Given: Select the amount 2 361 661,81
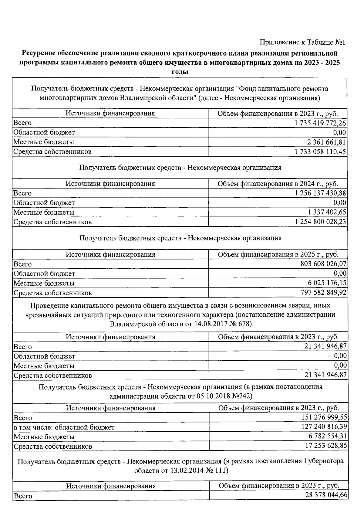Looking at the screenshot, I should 326,142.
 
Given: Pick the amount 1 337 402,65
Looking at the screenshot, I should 327,212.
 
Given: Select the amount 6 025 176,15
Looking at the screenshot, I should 327,283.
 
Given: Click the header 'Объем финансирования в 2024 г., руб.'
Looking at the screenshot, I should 278,184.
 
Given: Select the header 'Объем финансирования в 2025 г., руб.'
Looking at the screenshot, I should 278,254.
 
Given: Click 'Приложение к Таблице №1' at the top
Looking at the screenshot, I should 302,42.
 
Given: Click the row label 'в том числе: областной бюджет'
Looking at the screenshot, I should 64,427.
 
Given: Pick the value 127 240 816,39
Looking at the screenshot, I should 324,427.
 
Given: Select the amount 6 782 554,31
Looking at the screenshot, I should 327,437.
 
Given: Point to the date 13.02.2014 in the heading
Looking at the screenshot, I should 179,471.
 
